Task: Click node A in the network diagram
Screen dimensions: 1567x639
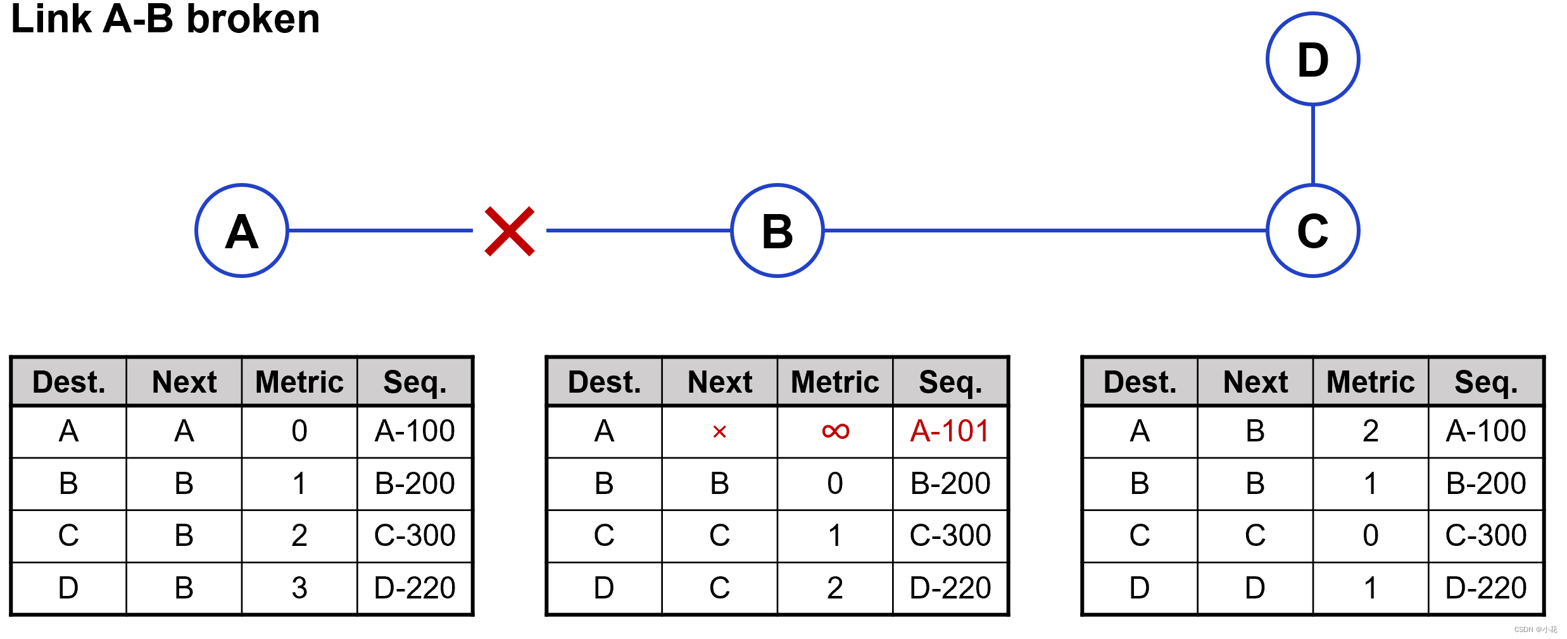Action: click(x=241, y=231)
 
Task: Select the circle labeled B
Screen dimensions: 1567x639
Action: click(x=777, y=231)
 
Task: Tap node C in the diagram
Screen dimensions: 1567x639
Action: click(x=1312, y=231)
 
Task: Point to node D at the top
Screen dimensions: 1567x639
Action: click(x=1312, y=60)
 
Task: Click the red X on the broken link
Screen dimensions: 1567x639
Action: click(x=509, y=231)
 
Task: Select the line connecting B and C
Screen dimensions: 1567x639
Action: click(x=1045, y=231)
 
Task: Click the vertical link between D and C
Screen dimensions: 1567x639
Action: click(x=1312, y=144)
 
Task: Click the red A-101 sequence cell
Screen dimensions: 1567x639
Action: click(x=950, y=431)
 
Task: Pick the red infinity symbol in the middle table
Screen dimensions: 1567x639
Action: click(x=834, y=431)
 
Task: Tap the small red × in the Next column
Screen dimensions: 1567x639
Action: click(x=719, y=432)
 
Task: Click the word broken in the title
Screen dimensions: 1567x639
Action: click(x=253, y=19)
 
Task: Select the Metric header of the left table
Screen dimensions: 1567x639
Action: click(x=299, y=382)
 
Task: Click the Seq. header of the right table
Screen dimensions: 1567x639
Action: click(x=1486, y=382)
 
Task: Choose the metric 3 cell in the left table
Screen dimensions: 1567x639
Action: click(x=299, y=588)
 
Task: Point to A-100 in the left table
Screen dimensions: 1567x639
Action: click(x=415, y=431)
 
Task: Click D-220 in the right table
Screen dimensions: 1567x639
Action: click(x=1486, y=588)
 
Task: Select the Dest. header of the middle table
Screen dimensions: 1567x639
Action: click(x=604, y=382)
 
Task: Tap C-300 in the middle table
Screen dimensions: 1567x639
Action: click(x=950, y=535)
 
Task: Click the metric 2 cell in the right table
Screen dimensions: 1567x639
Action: click(x=1370, y=431)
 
